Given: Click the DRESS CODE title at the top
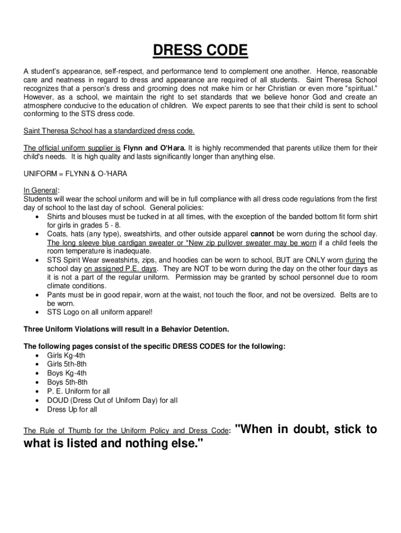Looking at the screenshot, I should point(200,51).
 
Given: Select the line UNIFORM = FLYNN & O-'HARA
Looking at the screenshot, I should point(76,174).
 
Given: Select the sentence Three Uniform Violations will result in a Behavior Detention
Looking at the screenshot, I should point(126,329).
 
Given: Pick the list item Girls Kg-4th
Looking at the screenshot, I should point(66,356).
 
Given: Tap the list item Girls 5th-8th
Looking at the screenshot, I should point(67,364).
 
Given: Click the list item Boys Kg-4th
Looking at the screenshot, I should point(67,373).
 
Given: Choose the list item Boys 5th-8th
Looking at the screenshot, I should point(67,382).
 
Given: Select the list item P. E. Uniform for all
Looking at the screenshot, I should point(78,391).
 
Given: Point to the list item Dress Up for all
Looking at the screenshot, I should point(72,409).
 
